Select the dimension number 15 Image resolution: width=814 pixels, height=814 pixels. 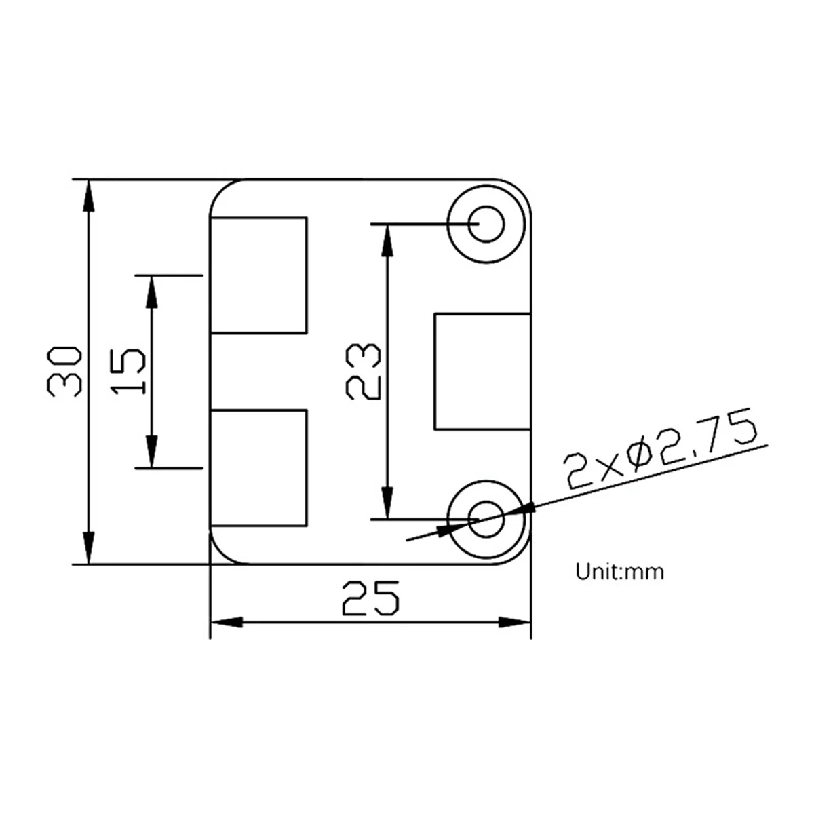coord(128,371)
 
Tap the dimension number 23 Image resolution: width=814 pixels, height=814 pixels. coord(363,371)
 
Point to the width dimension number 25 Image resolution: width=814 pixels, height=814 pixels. coord(370,598)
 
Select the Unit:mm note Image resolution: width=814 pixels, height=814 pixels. coord(620,572)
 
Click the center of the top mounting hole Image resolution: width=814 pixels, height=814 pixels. coord(486,223)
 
